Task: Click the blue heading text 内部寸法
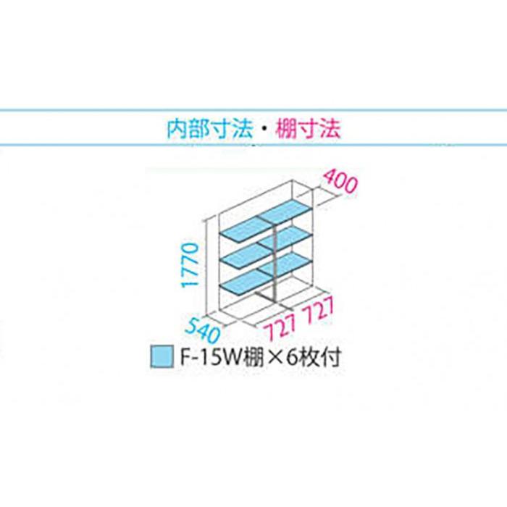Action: click(x=209, y=129)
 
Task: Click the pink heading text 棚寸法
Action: click(x=308, y=129)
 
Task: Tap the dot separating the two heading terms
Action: click(x=264, y=130)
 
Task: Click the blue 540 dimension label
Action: click(x=204, y=330)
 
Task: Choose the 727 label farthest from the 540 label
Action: click(x=318, y=311)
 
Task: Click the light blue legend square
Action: click(x=162, y=357)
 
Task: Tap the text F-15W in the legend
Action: click(x=210, y=357)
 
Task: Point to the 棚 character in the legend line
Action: click(x=253, y=357)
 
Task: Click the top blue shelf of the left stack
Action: click(x=247, y=230)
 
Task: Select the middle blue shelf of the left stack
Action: click(x=247, y=256)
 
